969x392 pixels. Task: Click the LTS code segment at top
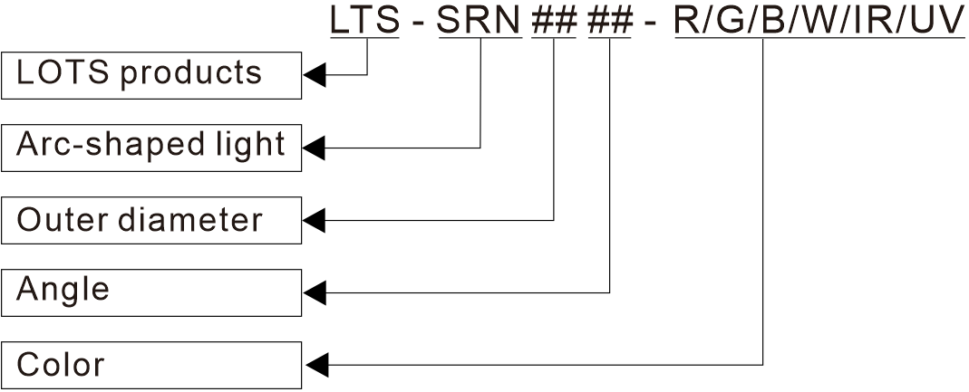(364, 20)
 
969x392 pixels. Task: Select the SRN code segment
(480, 20)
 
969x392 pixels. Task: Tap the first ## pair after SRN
(554, 20)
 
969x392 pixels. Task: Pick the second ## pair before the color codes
(610, 20)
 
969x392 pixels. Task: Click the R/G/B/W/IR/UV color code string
(819, 20)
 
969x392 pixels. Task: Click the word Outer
(59, 219)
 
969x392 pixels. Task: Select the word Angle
(63, 292)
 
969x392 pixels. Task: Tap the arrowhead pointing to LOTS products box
(314, 74)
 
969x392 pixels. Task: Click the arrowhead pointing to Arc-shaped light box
(314, 147)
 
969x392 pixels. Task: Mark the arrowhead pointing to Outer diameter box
(314, 219)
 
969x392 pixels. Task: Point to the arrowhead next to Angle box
(314, 292)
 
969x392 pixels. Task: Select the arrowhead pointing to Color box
(314, 365)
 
